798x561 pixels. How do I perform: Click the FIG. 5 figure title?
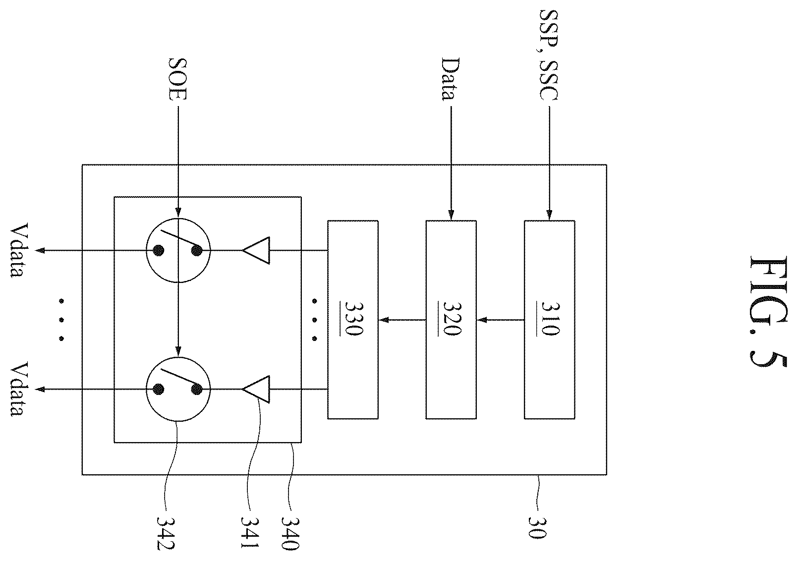click(769, 311)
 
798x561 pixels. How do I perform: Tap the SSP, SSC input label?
click(549, 55)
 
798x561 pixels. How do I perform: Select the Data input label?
click(450, 79)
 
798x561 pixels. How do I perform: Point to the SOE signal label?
click(177, 79)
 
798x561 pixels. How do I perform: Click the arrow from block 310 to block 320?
click(501, 320)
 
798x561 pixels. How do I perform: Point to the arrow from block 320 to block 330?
click(402, 320)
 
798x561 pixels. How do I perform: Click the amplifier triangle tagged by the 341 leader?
click(256, 390)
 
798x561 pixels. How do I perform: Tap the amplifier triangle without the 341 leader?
click(256, 250)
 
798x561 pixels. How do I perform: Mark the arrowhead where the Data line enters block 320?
click(451, 215)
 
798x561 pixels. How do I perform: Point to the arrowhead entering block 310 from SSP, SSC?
click(549, 215)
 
